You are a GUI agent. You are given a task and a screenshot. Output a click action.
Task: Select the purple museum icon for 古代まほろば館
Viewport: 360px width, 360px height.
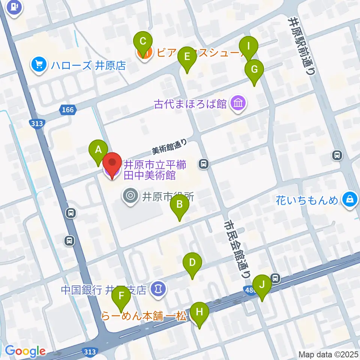[x=238, y=103]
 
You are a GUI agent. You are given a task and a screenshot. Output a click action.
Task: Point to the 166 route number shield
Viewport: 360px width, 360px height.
[x=68, y=110]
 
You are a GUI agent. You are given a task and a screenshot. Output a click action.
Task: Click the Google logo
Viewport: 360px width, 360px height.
[x=25, y=351]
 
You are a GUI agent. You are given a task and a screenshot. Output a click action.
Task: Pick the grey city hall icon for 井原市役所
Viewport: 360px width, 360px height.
[x=130, y=195]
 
